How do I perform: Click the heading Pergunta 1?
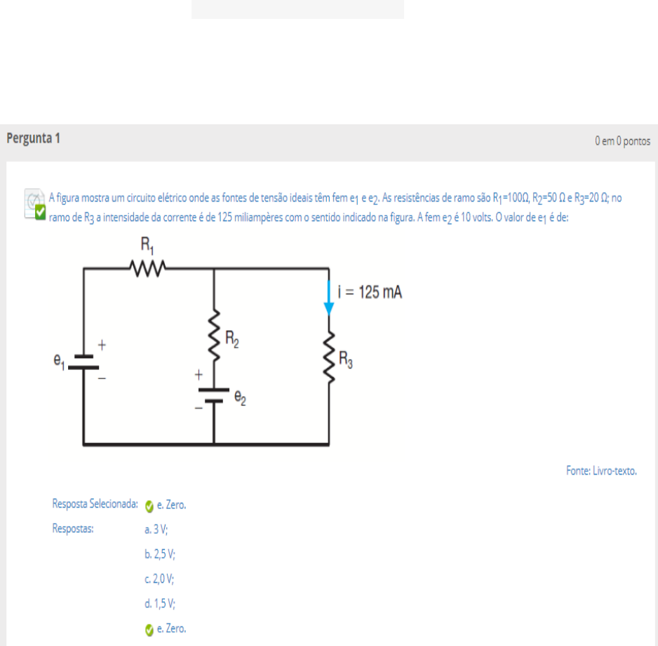tap(33, 138)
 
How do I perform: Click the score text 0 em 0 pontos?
tap(622, 141)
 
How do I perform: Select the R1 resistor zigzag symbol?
tap(147, 268)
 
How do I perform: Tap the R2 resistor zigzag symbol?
tap(214, 336)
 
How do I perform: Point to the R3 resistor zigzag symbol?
tap(329, 357)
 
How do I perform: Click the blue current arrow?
tap(329, 298)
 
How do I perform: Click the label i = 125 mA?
tap(370, 292)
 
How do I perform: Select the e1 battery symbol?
tap(83, 362)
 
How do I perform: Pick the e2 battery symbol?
tap(214, 396)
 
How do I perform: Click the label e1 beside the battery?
tap(59, 361)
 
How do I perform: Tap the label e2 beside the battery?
tap(240, 397)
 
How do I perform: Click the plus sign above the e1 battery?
tap(102, 345)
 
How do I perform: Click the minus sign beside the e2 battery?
tap(199, 408)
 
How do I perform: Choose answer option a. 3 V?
tap(156, 529)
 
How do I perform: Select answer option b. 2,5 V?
tap(160, 555)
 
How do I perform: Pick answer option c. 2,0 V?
tap(159, 579)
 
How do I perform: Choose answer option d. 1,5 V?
tap(160, 604)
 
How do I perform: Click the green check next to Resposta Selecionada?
tap(149, 506)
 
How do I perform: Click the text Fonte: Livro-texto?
tap(601, 471)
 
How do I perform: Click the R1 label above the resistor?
tap(147, 245)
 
